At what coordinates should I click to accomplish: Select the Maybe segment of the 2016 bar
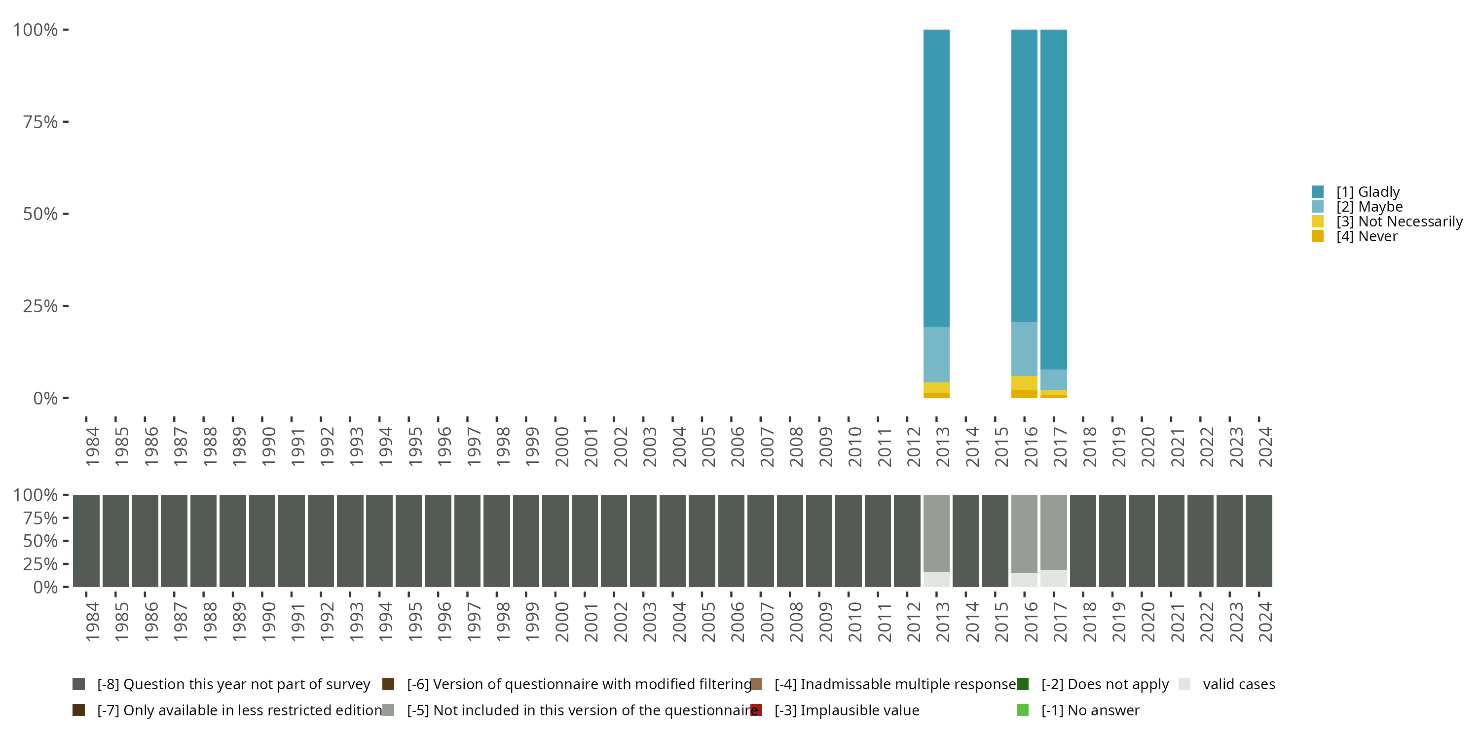[x=1024, y=349]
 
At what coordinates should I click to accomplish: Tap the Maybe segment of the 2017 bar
[x=1053, y=380]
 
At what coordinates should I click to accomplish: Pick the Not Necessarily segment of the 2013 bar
[x=936, y=388]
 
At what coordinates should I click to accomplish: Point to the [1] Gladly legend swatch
[x=1317, y=192]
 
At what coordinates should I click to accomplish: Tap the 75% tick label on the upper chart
[x=40, y=122]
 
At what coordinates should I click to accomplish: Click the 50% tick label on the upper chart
[x=40, y=214]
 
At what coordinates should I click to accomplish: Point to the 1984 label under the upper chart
[x=92, y=446]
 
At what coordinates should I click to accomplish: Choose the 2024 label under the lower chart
[x=1264, y=622]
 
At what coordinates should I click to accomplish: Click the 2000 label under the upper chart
[x=561, y=446]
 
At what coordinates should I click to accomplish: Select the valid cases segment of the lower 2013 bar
[x=936, y=579]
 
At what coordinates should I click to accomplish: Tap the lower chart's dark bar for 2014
[x=965, y=541]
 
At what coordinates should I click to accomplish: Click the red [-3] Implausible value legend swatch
[x=756, y=710]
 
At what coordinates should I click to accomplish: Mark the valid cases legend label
[x=1239, y=684]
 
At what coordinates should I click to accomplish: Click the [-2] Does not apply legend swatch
[x=1023, y=684]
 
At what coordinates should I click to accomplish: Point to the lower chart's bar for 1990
[x=262, y=541]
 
